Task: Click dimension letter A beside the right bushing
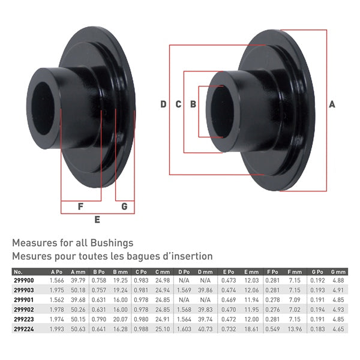[x=332, y=104]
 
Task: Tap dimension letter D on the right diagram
[x=163, y=104]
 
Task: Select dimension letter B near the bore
[x=193, y=104]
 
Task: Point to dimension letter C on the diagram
[x=178, y=104]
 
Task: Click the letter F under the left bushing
[x=81, y=207]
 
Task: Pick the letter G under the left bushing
[x=124, y=207]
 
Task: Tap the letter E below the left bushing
[x=97, y=220]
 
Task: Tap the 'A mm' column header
[x=78, y=272]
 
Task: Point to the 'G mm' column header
[x=338, y=272]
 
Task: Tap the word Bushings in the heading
[x=112, y=244]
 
